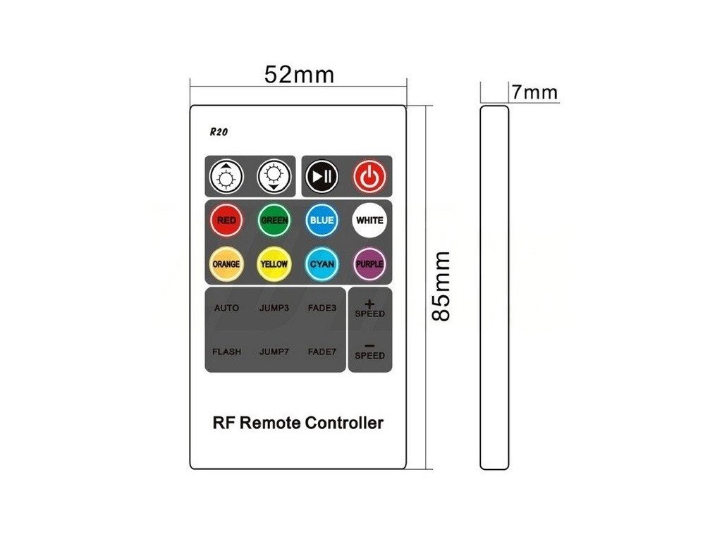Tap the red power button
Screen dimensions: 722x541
[369, 176]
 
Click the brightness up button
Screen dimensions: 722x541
[226, 176]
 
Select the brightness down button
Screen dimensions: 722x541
[274, 176]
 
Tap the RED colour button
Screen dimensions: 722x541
[226, 220]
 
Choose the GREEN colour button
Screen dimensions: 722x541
[274, 220]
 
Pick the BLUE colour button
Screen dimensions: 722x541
[321, 220]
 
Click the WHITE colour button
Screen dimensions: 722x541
[369, 220]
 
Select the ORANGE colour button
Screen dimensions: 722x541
[226, 264]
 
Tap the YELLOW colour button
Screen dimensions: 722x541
[274, 264]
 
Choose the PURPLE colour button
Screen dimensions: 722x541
[369, 264]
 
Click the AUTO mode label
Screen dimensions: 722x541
[226, 308]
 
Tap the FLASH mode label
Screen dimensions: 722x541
[226, 352]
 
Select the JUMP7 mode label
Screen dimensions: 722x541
[274, 352]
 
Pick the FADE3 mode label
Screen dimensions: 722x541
[322, 308]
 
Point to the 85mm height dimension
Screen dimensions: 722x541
[441, 285]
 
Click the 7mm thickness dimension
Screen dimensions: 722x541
[534, 92]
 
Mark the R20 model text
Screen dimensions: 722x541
[218, 131]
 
